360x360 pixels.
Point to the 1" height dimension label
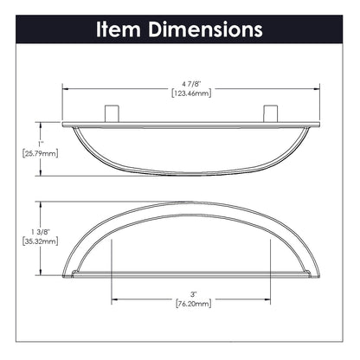(x=29, y=142)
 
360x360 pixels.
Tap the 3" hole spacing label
(x=181, y=294)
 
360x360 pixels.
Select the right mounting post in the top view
(x=267, y=115)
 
